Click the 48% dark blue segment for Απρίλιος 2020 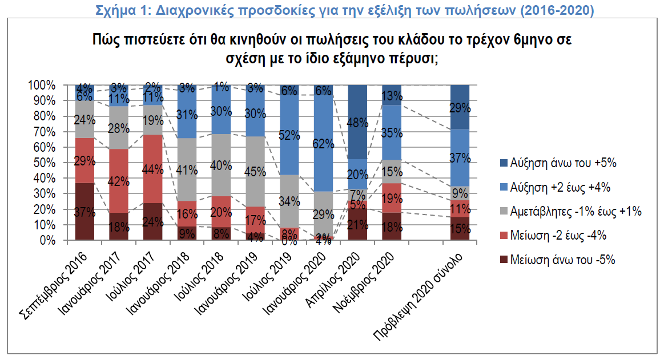[357, 122]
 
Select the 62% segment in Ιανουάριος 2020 [323, 143]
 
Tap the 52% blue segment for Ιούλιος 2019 [289, 135]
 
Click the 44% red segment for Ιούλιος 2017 [153, 169]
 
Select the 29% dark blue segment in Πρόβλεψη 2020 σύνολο [460, 107]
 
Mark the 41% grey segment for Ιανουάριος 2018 [187, 169]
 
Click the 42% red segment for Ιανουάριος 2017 [119, 181]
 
